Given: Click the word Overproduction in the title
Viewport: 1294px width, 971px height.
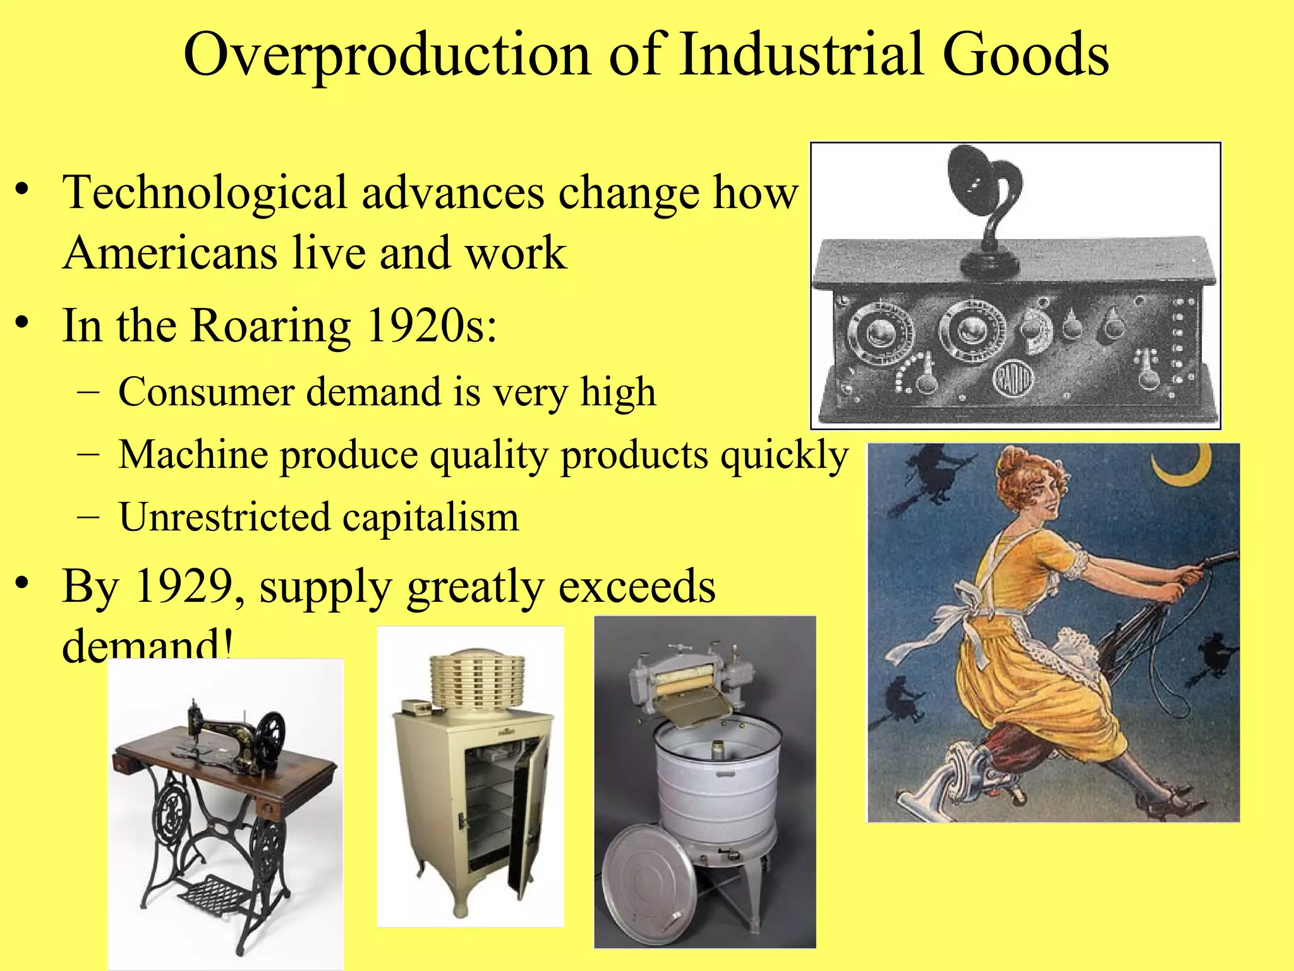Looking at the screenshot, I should [x=387, y=56].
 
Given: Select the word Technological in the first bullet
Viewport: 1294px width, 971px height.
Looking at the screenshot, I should [x=205, y=192].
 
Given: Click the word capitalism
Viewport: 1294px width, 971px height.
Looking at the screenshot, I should [x=430, y=517].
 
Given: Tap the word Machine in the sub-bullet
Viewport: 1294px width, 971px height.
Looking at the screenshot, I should [x=193, y=455].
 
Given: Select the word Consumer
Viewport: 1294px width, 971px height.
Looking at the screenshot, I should [x=205, y=392].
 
